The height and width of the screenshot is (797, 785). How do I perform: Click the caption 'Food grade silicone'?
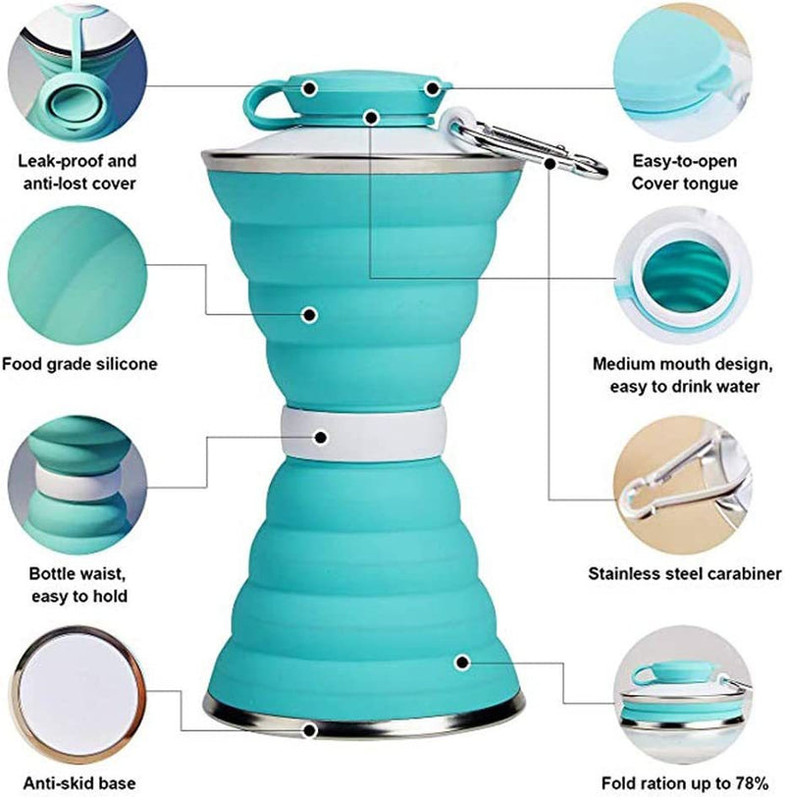pyautogui.click(x=79, y=364)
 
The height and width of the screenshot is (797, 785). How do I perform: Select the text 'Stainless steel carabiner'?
pyautogui.click(x=685, y=573)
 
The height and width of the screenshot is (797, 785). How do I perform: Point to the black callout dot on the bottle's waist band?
pyautogui.click(x=321, y=438)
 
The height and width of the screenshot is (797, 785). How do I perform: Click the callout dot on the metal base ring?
pyautogui.click(x=311, y=730)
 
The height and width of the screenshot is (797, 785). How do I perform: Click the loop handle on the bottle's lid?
pyautogui.click(x=263, y=102)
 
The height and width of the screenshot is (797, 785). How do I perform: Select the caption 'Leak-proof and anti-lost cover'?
pyautogui.click(x=78, y=171)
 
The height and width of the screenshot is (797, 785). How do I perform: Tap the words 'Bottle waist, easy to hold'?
pyautogui.click(x=78, y=583)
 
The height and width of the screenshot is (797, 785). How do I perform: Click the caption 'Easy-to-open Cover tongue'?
pyautogui.click(x=684, y=171)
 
